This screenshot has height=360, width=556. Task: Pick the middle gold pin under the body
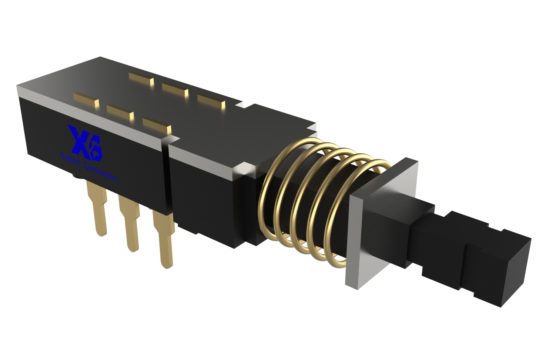pyautogui.click(x=130, y=223)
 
